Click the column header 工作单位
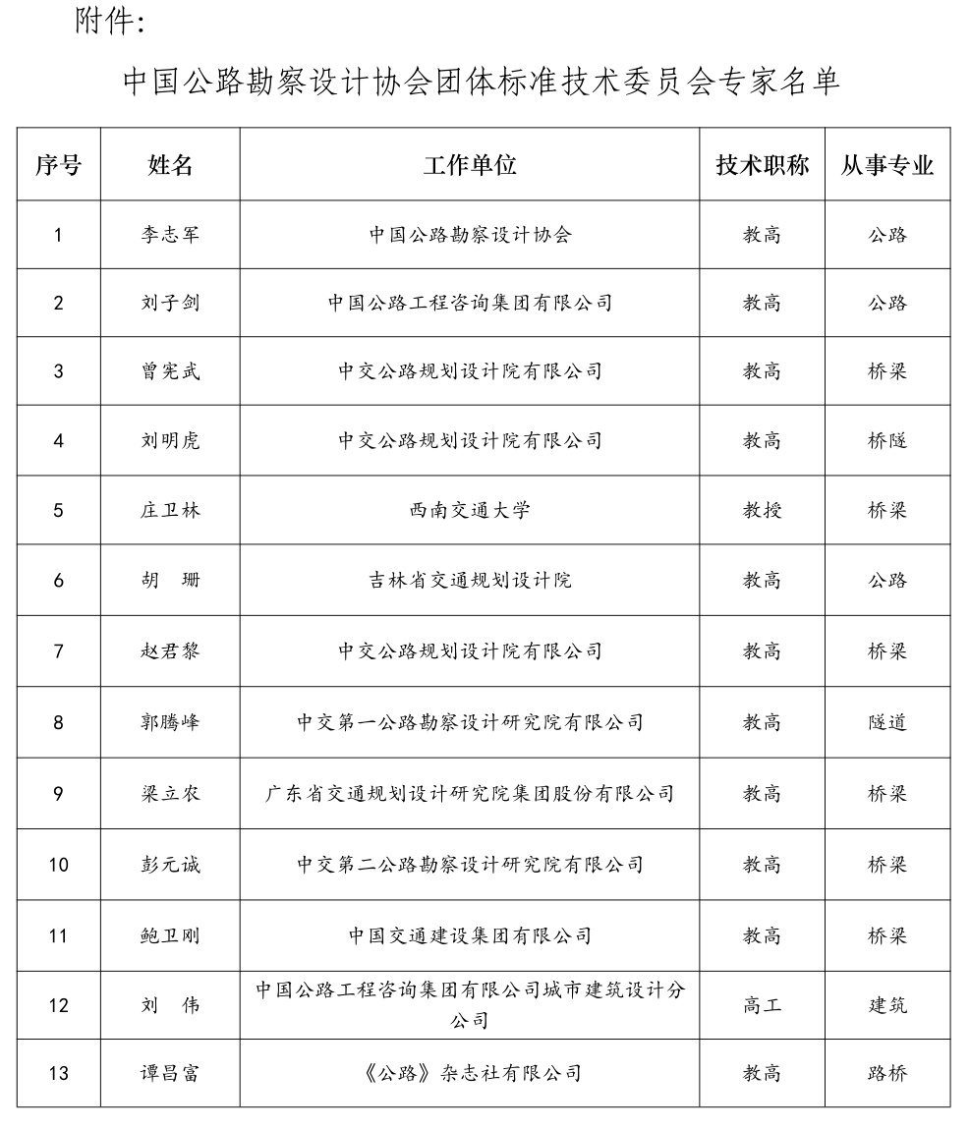pyautogui.click(x=470, y=165)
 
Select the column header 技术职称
pyautogui.click(x=762, y=165)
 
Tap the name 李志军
pyautogui.click(x=170, y=235)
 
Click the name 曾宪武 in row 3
pyautogui.click(x=170, y=370)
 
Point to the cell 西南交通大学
pyautogui.click(x=470, y=510)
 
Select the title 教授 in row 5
pyautogui.click(x=762, y=510)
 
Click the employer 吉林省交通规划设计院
pyautogui.click(x=470, y=580)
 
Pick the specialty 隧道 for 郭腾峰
pyautogui.click(x=886, y=722)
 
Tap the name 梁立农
pyautogui.click(x=170, y=793)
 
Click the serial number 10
pyautogui.click(x=58, y=865)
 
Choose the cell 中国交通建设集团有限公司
pyautogui.click(x=470, y=935)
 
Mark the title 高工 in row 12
pyautogui.click(x=762, y=1005)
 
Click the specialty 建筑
pyautogui.click(x=886, y=1005)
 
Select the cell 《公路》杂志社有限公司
pyautogui.click(x=470, y=1073)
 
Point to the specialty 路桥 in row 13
pyautogui.click(x=886, y=1073)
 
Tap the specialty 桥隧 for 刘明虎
pyautogui.click(x=886, y=440)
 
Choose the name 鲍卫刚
pyautogui.click(x=170, y=935)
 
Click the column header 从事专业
pyautogui.click(x=886, y=165)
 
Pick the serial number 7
pyautogui.click(x=58, y=650)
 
